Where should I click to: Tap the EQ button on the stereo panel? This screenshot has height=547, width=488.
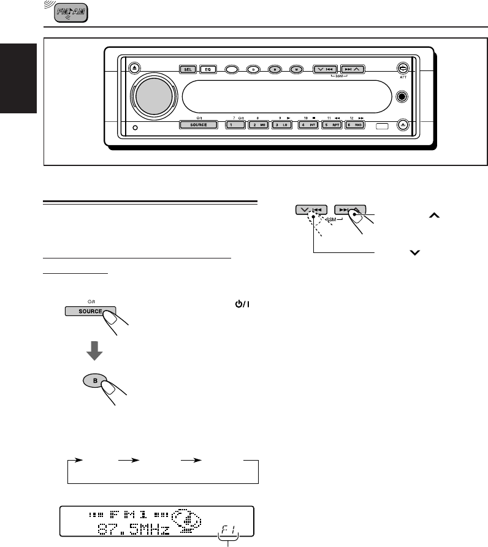coord(208,69)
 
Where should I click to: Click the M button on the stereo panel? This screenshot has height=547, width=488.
coord(296,70)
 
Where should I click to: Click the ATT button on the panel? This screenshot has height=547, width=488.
coord(402,69)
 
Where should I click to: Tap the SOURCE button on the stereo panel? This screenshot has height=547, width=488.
coord(198,125)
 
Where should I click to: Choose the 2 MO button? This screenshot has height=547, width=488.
coord(257,125)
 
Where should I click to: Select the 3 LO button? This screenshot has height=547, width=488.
coord(281,125)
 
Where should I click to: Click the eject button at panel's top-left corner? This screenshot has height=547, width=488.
coord(134,68)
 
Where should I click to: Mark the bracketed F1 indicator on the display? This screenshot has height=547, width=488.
coord(228,526)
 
